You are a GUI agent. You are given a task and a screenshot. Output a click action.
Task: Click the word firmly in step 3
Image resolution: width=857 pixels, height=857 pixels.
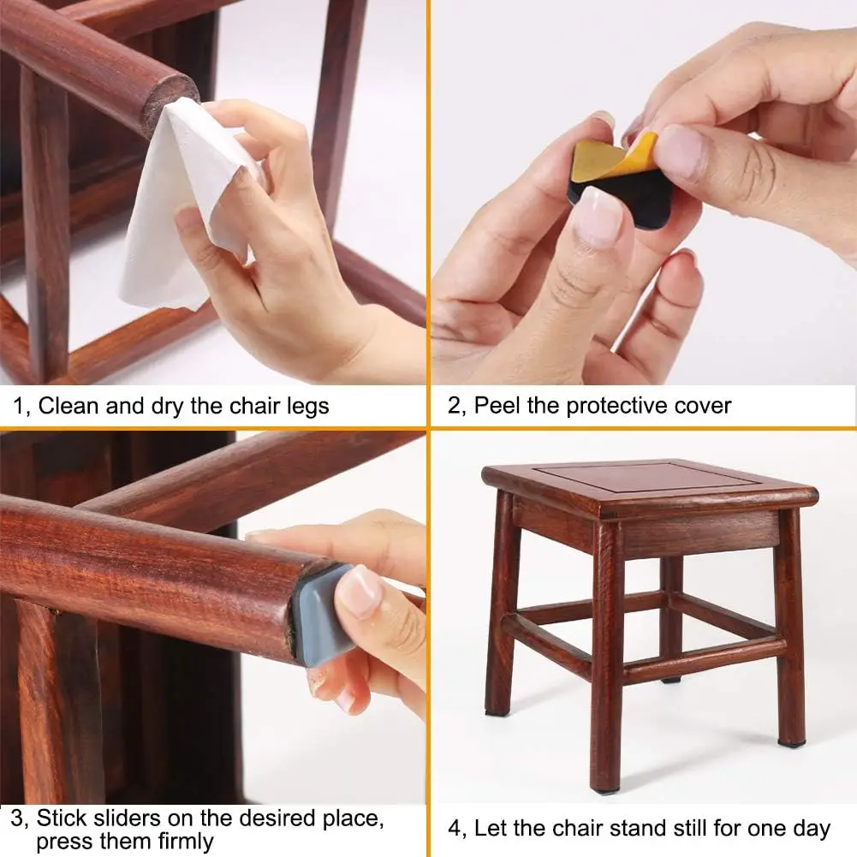coord(179,841)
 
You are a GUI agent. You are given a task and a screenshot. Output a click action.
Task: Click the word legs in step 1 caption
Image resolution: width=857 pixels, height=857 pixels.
coord(306,405)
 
